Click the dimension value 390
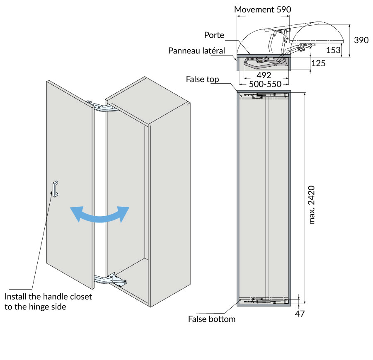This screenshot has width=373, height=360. point(361,40)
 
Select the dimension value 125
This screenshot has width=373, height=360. point(318,63)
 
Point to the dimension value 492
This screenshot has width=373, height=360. point(264,75)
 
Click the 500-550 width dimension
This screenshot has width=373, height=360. point(264,84)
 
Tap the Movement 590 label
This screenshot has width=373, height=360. point(262,9)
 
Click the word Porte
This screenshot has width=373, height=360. point(214,35)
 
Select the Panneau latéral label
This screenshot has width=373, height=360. point(196,51)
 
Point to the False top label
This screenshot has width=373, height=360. point(202,79)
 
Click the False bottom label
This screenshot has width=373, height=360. point(211,319)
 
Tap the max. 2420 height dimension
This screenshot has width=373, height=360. point(312,205)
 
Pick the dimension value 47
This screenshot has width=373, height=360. point(300,314)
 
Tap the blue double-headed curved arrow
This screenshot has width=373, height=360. point(99,215)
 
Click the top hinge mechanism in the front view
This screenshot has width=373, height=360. point(264,96)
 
